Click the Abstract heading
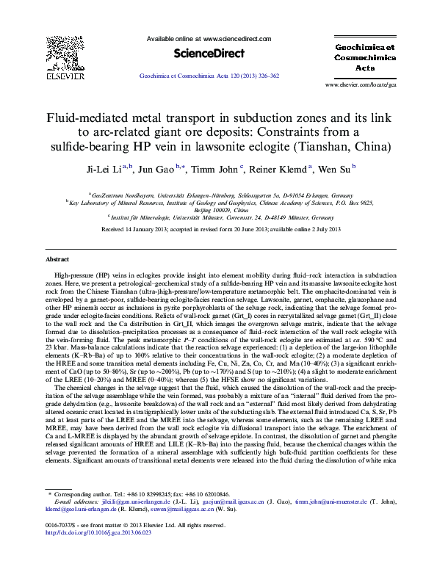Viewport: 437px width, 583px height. tap(57, 260)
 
